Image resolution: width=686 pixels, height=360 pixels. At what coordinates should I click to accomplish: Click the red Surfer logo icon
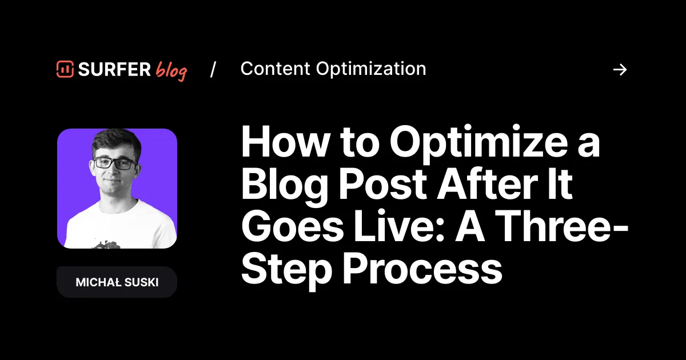tap(65, 69)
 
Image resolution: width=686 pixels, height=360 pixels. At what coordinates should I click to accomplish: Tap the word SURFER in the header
tap(114, 70)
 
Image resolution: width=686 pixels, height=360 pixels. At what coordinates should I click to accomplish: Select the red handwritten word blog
tap(171, 71)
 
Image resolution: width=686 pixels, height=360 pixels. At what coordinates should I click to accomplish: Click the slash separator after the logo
tap(213, 69)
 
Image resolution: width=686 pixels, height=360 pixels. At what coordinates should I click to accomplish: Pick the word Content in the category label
tap(276, 69)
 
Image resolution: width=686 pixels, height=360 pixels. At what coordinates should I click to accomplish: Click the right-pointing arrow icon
tap(620, 70)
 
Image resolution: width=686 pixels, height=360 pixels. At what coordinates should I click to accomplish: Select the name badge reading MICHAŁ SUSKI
tap(117, 282)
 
